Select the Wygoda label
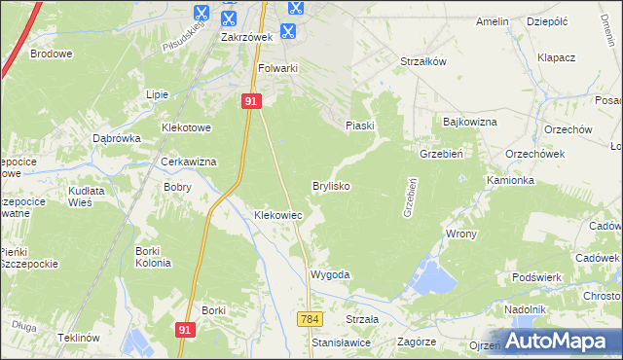pos(329,275)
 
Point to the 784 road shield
pos(311,319)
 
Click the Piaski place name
pos(360,126)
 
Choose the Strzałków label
pos(423,61)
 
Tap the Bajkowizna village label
pos(470,123)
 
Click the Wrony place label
pos(460,234)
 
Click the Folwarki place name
pos(277,69)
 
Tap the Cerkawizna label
pos(189,162)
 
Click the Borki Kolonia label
pos(153,257)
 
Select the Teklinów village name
pos(79,337)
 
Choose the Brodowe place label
pos(52,54)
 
